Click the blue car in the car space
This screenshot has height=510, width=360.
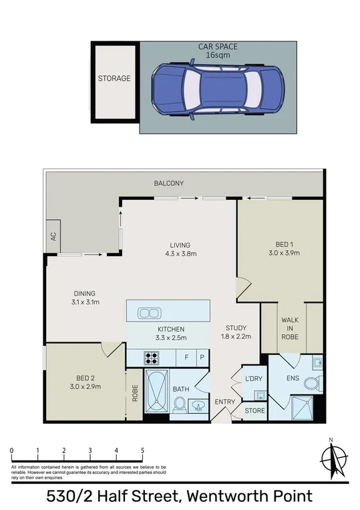pos(208,92)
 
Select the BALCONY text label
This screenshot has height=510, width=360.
pos(169,183)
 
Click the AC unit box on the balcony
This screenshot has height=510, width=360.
pos(51,237)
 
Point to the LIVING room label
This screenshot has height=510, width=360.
pos(180,245)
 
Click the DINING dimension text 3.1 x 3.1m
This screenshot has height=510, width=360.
pos(85,302)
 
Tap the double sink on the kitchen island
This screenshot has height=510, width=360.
pos(148,312)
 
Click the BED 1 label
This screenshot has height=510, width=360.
pos(285,244)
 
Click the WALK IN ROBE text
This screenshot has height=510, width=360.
pos(290,329)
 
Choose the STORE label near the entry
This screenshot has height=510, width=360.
pos(254,410)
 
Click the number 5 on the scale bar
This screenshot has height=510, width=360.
pos(142,450)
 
